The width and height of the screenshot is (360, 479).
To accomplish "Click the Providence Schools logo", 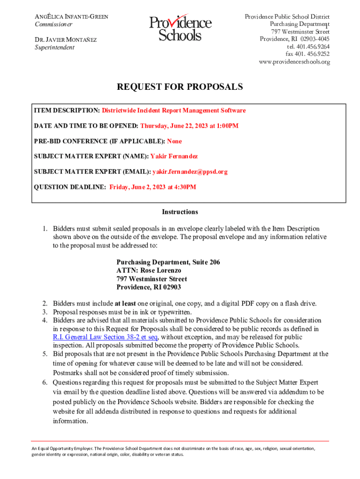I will click(180, 29).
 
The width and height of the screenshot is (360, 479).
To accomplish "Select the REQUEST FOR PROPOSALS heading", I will click(180, 87).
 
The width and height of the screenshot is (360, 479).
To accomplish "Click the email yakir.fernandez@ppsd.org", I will click(190, 172).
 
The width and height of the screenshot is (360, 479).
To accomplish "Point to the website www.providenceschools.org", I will click(294, 62).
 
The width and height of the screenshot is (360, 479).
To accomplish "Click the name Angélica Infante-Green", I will click(72, 17).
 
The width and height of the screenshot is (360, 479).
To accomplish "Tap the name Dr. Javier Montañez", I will click(66, 40).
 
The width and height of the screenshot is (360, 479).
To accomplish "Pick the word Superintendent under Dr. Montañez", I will click(54, 47).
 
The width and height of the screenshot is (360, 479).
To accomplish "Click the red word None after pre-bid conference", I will click(174, 141).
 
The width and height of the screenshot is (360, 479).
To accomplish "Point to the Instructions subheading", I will click(180, 212).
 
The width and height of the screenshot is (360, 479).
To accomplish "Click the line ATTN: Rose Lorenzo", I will click(149, 270).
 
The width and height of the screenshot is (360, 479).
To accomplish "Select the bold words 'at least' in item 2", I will click(125, 304).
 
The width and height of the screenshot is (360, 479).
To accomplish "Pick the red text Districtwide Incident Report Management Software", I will click(174, 110).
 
